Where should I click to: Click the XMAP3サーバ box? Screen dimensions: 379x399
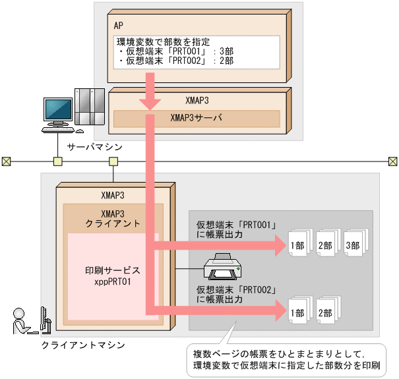pos(196,119)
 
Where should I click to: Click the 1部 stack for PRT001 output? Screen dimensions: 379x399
pos(297,246)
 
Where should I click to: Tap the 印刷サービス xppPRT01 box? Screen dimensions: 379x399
pos(112,276)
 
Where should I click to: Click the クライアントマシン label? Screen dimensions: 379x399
pos(74,345)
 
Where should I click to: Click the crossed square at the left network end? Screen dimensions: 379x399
pos(7,161)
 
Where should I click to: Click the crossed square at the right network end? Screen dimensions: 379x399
pos(392,161)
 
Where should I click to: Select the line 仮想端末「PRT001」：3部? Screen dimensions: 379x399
pos(175,51)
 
